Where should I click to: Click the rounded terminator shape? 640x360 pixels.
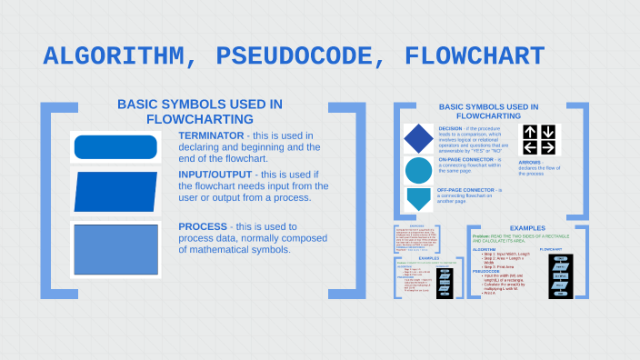pos(115,146)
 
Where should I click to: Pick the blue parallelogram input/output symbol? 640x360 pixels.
pos(115,191)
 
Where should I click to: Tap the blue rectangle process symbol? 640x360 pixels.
pos(115,248)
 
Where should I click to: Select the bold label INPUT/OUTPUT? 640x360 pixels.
pos(215,174)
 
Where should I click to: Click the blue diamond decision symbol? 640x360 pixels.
pos(419,139)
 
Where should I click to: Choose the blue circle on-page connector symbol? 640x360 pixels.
pos(419,170)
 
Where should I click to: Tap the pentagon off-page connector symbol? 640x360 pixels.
pos(419,199)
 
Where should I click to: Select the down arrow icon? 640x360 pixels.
pos(548,132)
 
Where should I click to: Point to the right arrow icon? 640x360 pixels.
pos(548,148)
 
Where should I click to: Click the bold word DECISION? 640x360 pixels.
pos(450,128)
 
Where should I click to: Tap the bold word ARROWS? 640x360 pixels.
pos(530,163)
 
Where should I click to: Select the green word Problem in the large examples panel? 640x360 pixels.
pos(482,235)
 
